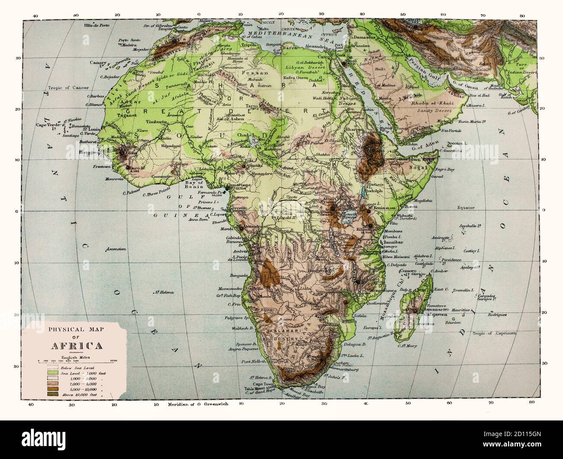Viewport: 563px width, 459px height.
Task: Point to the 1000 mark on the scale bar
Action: coord(114,360)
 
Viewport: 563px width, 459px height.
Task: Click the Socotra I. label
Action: coord(453,142)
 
